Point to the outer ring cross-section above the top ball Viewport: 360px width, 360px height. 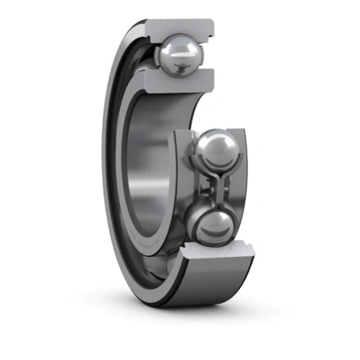coord(182,27)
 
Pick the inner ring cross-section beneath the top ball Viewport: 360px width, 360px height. coord(179,80)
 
